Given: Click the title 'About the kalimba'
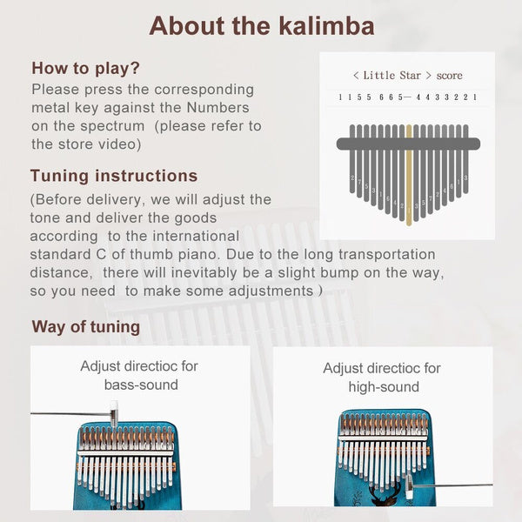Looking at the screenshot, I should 261,25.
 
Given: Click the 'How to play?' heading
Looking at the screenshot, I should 85,68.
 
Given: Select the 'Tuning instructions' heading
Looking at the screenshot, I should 113,176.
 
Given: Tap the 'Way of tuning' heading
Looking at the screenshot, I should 85,327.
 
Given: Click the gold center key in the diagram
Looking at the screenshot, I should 408,174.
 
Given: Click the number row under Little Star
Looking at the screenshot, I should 407,97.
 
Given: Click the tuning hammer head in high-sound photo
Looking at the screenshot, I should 408,485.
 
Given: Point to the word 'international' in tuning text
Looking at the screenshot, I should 195,236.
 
